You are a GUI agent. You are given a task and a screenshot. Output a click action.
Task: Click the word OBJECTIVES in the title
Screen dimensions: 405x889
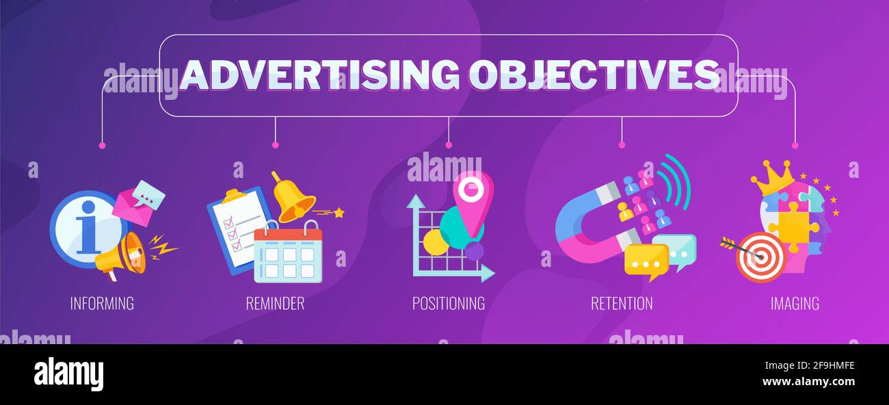[594, 75]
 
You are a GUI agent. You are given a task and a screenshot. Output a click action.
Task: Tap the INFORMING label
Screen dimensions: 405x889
[102, 303]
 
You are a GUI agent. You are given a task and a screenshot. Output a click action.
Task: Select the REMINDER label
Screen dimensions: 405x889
[275, 303]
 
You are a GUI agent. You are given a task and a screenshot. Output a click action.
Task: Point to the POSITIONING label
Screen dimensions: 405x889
[449, 303]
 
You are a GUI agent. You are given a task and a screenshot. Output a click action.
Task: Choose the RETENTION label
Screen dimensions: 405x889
[622, 303]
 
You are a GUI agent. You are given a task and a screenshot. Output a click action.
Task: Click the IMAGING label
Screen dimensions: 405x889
[795, 303]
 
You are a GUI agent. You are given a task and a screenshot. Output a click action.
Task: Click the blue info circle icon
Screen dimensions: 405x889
[83, 228]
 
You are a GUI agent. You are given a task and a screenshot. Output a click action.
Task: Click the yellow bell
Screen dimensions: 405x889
[293, 199]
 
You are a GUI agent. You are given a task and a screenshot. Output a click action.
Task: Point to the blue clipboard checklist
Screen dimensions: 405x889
[236, 226]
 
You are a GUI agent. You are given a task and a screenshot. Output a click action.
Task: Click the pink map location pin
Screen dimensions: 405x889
[473, 198]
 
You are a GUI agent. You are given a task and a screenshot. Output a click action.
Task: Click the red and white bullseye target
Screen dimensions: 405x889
[760, 257]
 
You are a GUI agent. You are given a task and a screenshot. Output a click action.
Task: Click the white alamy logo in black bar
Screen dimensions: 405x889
[68, 374]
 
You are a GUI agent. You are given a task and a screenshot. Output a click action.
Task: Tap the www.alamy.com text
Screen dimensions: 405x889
[808, 381]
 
